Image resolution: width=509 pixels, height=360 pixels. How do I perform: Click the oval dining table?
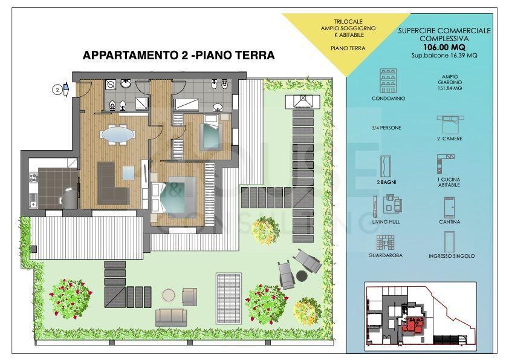pyautogui.click(x=117, y=134)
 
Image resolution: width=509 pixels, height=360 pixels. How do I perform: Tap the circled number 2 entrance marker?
pyautogui.click(x=57, y=90)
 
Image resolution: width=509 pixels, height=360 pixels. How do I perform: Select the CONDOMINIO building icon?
pyautogui.click(x=388, y=81)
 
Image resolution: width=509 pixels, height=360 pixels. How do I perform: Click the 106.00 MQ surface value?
pyautogui.click(x=444, y=47)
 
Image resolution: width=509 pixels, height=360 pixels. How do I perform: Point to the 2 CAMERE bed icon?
pyautogui.click(x=450, y=123)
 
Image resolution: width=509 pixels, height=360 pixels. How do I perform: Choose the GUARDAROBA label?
pyautogui.click(x=385, y=255)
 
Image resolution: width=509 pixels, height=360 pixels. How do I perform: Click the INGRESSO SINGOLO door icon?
pyautogui.click(x=449, y=241)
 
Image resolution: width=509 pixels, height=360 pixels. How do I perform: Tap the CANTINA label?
pyautogui.click(x=449, y=221)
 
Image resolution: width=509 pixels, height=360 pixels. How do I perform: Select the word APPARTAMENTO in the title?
pyautogui.click(x=131, y=55)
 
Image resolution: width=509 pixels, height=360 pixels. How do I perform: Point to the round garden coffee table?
pyautogui.click(x=169, y=295)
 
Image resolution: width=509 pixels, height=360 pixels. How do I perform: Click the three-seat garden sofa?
pyautogui.click(x=171, y=317)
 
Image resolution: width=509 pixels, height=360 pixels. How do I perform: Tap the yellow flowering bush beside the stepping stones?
pyautogui.click(x=266, y=231)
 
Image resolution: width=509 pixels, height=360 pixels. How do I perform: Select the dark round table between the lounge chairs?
pyautogui.click(x=302, y=276)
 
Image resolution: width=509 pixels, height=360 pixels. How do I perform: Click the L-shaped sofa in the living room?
pyautogui.click(x=113, y=183)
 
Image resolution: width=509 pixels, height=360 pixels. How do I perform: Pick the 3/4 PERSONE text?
pyautogui.click(x=386, y=128)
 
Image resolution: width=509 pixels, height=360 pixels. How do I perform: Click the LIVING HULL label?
pyautogui.click(x=386, y=221)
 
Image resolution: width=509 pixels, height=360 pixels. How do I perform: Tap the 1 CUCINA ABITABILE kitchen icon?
pyautogui.click(x=446, y=164)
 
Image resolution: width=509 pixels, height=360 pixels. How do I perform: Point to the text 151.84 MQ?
pyautogui.click(x=450, y=88)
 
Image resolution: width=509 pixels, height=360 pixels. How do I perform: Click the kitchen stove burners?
pyautogui.click(x=33, y=178)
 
